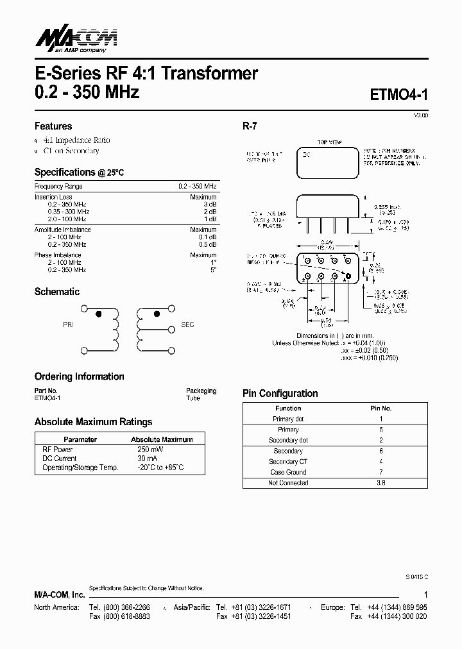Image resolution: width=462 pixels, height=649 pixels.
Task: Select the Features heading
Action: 53,126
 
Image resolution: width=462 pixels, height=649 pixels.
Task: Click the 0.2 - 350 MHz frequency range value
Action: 198,186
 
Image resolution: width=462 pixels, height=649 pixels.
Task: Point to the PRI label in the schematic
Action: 68,325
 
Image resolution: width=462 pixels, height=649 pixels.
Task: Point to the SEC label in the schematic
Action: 188,325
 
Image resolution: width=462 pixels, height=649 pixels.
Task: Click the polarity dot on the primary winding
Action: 98,314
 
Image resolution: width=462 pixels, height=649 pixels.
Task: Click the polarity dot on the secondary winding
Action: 157,314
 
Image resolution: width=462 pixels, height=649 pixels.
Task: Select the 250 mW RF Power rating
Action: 150,450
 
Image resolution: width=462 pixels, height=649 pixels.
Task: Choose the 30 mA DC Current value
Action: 147,459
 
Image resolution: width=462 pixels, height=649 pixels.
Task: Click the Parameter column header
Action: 81,439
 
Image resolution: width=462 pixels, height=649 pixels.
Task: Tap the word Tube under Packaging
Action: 193,398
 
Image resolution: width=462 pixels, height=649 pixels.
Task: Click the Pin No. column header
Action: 381,408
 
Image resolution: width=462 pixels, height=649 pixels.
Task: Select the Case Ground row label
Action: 288,472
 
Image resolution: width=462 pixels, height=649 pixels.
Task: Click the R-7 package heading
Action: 250,126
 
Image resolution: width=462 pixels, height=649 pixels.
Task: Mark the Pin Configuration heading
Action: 280,393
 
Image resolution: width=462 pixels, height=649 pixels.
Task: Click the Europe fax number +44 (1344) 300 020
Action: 397,616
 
